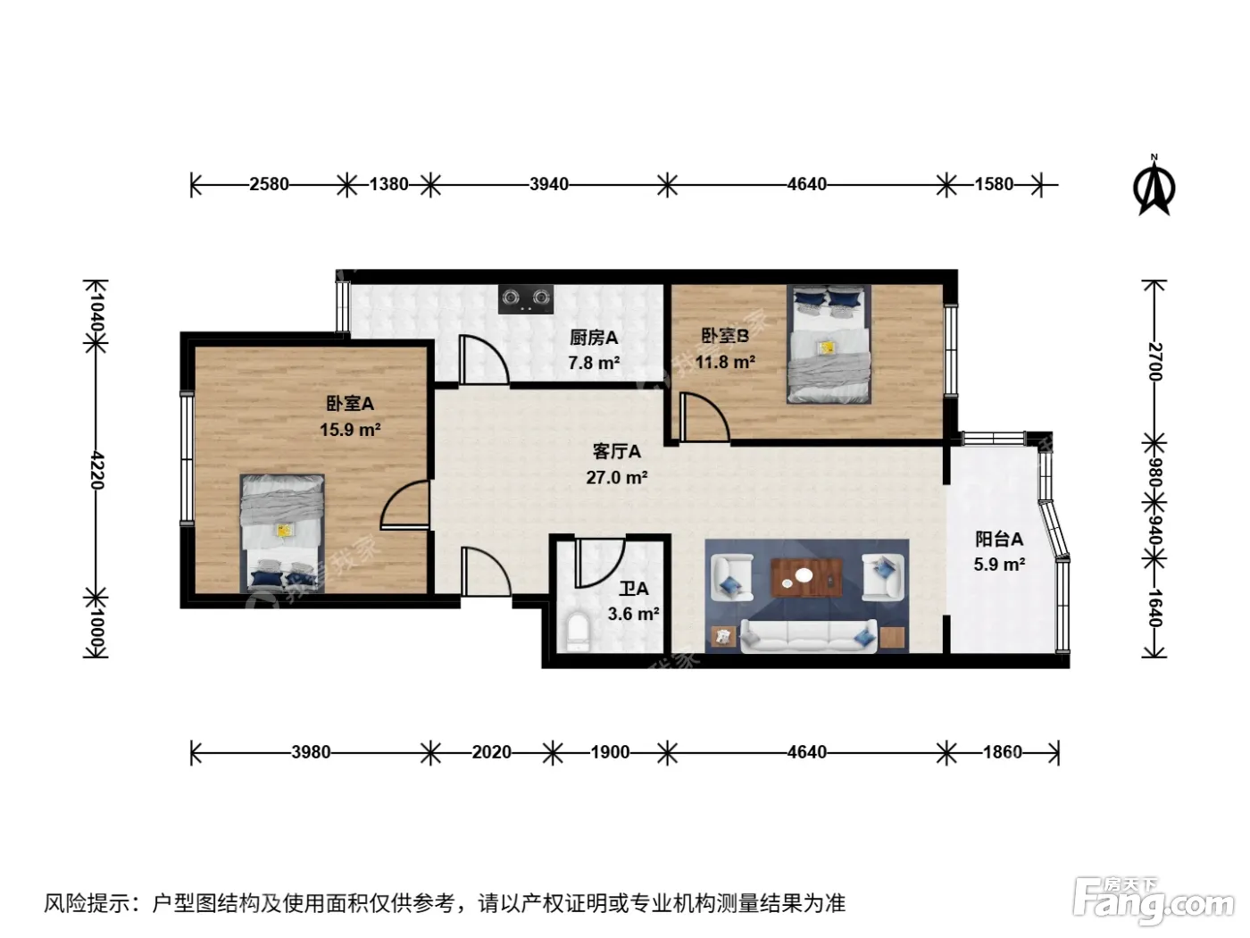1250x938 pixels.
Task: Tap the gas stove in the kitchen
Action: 526,299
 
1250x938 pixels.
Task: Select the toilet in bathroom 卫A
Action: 578,632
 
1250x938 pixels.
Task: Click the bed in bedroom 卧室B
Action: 829,345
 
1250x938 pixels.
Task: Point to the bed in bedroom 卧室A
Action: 282,533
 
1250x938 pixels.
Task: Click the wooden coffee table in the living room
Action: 806,577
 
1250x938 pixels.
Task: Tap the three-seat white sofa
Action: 808,636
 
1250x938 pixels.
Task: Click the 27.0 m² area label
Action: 617,477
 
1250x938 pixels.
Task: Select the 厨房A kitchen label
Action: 594,338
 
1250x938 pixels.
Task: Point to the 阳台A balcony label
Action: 999,539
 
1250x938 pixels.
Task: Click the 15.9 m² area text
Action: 350,430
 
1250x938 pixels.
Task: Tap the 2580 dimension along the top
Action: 269,185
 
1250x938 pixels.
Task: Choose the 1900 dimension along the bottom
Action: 610,752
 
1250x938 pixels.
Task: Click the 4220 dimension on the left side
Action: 96,471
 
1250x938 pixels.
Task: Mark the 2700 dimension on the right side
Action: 1154,362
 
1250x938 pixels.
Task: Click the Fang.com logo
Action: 1154,901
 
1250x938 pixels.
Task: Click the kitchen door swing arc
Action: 484,360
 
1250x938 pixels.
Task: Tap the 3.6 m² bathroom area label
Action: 633,614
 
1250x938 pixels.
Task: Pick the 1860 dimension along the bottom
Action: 1003,752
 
